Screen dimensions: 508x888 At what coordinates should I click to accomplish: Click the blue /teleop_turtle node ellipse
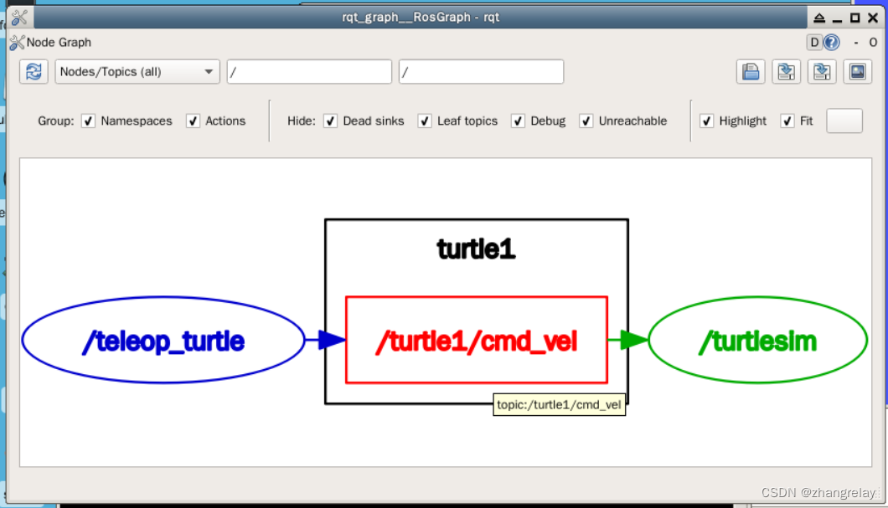click(163, 341)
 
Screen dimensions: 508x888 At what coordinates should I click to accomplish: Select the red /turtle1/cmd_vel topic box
click(476, 340)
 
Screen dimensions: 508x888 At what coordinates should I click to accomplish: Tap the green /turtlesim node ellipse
click(757, 341)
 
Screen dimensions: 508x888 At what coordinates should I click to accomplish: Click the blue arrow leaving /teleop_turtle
click(326, 340)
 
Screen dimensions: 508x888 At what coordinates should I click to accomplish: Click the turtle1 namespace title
click(476, 249)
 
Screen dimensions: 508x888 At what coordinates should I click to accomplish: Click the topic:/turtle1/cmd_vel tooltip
click(559, 405)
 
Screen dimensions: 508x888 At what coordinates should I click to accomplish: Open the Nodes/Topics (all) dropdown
click(137, 72)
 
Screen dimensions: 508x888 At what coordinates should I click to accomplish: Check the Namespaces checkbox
click(89, 121)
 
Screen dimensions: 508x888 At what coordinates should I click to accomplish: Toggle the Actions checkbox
click(194, 121)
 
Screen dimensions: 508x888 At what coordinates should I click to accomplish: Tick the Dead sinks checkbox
click(331, 121)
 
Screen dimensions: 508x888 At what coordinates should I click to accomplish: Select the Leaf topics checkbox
click(425, 121)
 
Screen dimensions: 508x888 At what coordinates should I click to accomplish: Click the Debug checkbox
click(519, 121)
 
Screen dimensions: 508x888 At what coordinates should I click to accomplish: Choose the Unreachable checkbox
click(586, 121)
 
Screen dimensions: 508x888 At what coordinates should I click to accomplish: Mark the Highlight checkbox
click(707, 121)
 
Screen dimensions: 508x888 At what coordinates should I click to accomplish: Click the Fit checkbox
click(787, 121)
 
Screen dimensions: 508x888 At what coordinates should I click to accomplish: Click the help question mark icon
click(832, 43)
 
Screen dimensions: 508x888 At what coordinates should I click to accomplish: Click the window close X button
click(871, 18)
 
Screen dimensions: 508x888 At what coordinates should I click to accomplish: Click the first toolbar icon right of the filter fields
click(751, 72)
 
